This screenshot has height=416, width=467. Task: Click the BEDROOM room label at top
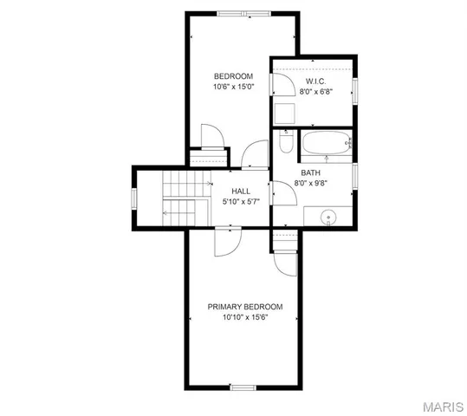pyautogui.click(x=234, y=76)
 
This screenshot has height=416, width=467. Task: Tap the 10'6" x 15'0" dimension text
pyautogui.click(x=234, y=87)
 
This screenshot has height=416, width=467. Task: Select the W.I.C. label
pyautogui.click(x=315, y=81)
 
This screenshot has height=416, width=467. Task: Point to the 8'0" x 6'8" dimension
pyautogui.click(x=315, y=92)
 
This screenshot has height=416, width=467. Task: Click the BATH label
pyautogui.click(x=310, y=172)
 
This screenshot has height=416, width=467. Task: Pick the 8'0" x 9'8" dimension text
pyautogui.click(x=310, y=183)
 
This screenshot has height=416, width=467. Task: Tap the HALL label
pyautogui.click(x=241, y=191)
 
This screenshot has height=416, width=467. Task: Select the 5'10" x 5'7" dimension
pyautogui.click(x=241, y=202)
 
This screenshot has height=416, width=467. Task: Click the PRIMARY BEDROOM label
pyautogui.click(x=245, y=307)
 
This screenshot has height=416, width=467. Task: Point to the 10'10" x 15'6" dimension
pyautogui.click(x=245, y=318)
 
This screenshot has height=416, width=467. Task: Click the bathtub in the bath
pyautogui.click(x=325, y=143)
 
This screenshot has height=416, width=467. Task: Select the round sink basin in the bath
pyautogui.click(x=328, y=218)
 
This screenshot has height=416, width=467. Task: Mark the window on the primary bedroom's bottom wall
pyautogui.click(x=243, y=386)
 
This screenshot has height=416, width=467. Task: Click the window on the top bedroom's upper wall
pyautogui.click(x=243, y=13)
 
